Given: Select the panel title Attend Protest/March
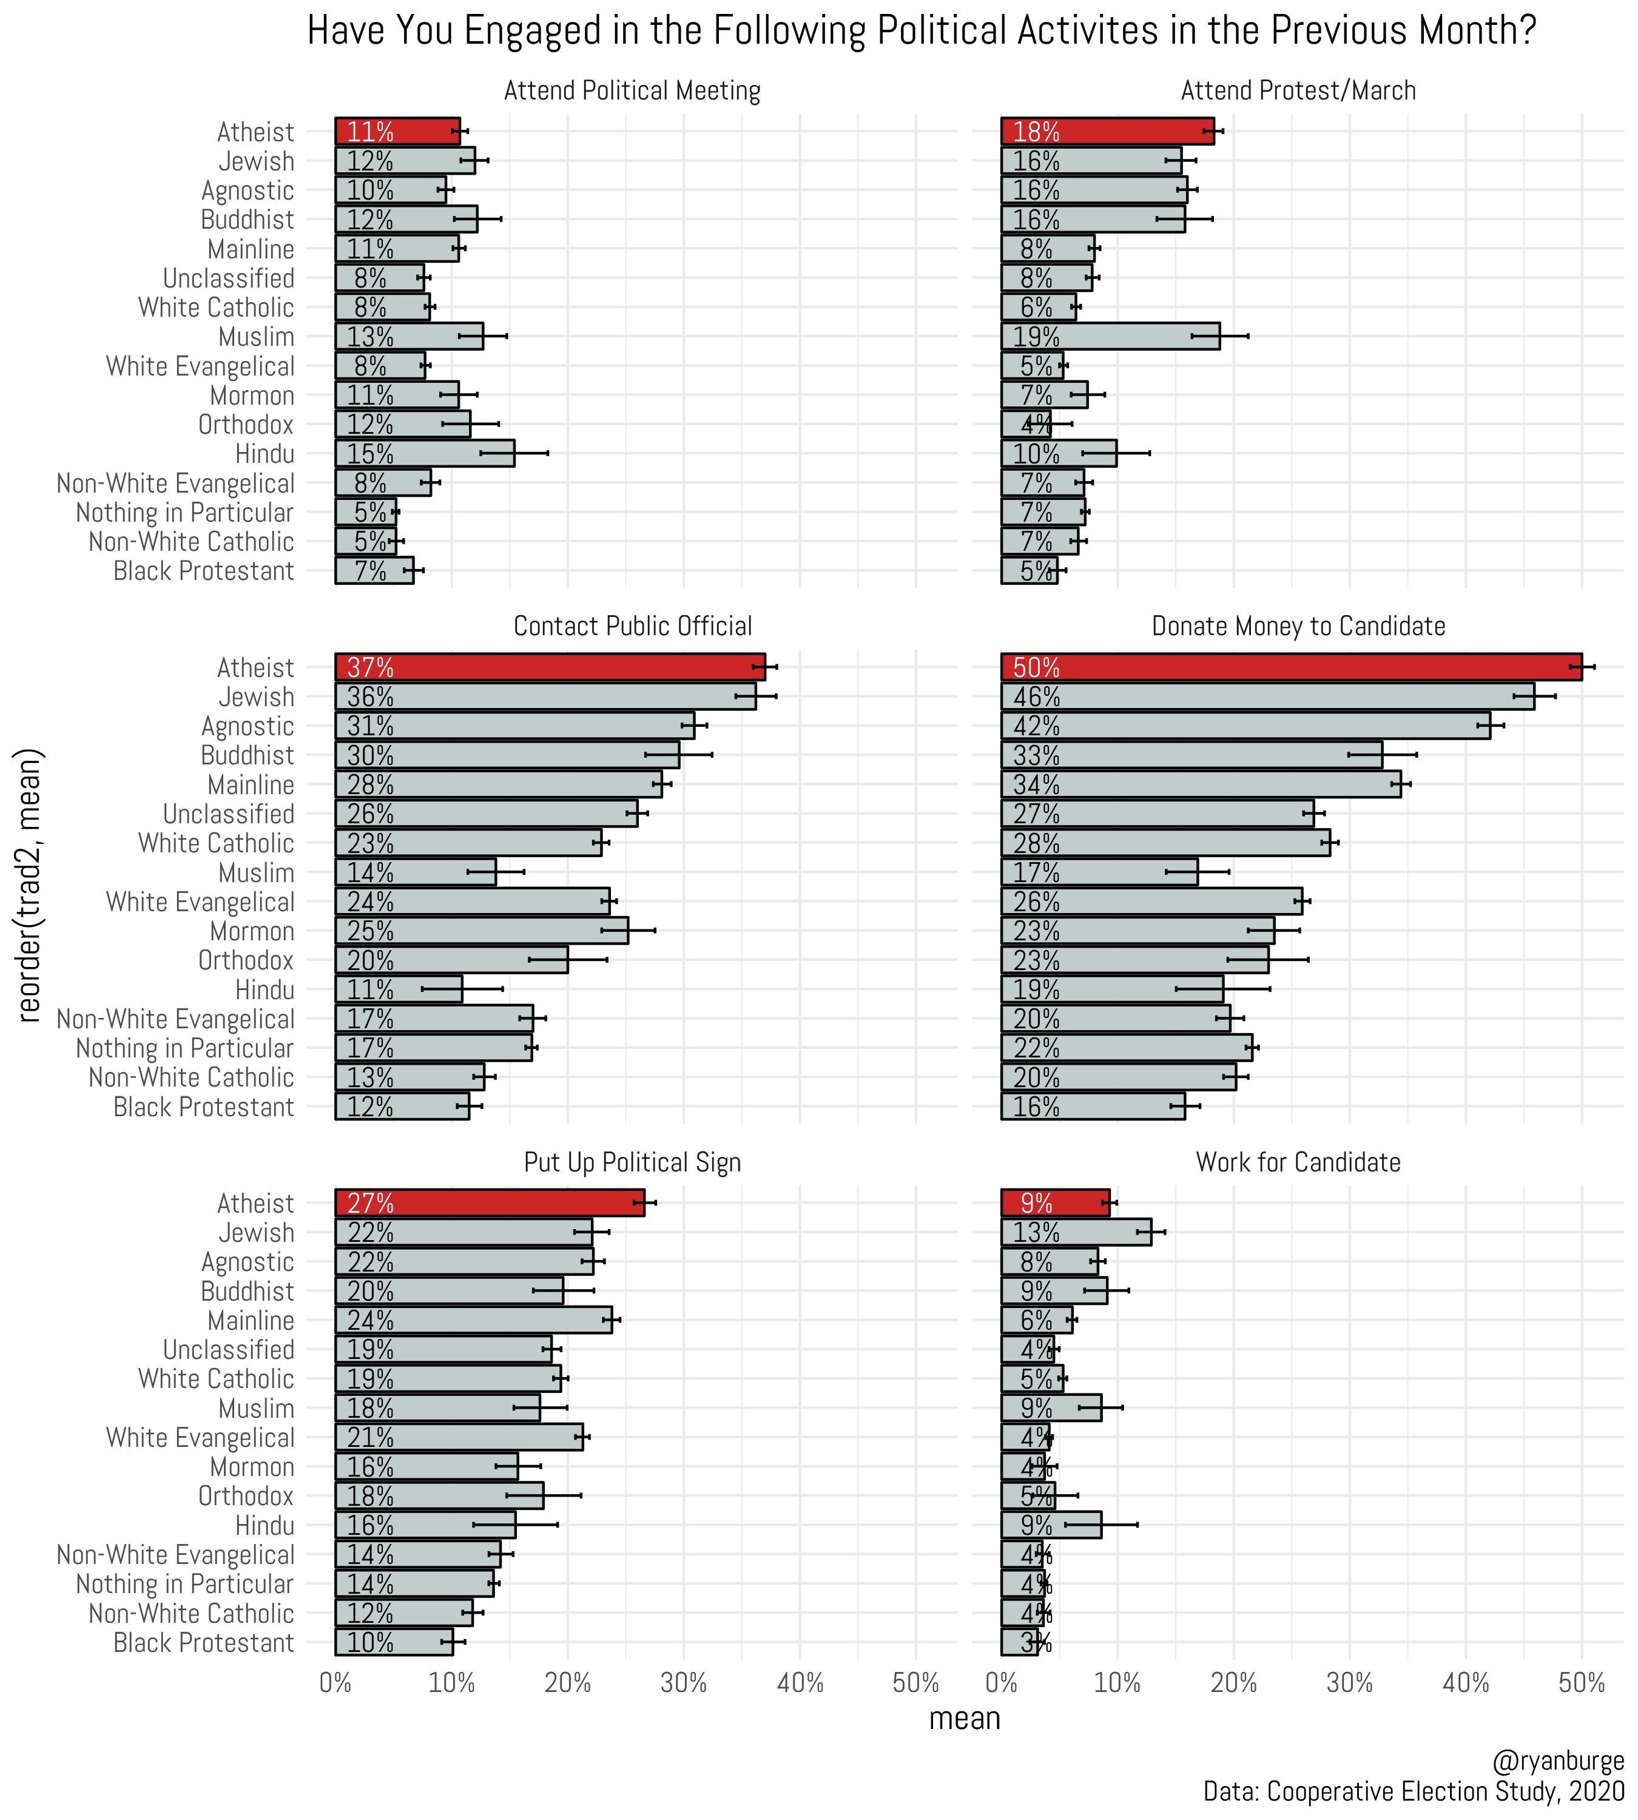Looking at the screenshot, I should coord(1298,91).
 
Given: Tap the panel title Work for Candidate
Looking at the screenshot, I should coord(1298,1162).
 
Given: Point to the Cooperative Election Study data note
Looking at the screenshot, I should coord(1413,1791).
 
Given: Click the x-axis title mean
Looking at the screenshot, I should coord(964,1718).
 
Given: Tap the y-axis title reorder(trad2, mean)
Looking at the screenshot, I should coord(30,886).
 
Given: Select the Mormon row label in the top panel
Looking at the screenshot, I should coord(251,396).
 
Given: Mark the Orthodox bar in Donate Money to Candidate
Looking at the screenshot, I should coord(1134,960).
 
